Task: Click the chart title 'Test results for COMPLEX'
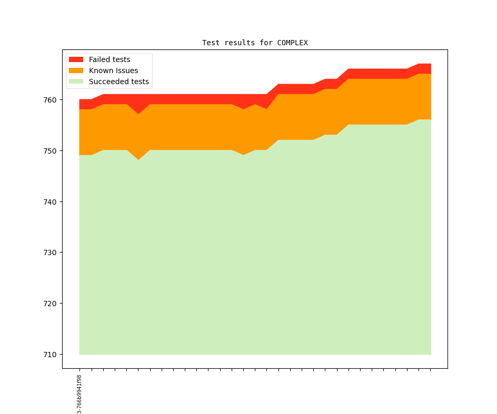(x=255, y=43)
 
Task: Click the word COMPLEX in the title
(x=292, y=43)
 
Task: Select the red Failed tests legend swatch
(x=76, y=59)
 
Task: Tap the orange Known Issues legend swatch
(x=76, y=70)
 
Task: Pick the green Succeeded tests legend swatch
(x=76, y=82)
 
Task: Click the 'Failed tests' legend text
(x=110, y=59)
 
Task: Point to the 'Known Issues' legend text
(x=113, y=70)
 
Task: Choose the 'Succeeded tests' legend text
(x=119, y=82)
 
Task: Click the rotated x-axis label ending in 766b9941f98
(x=79, y=393)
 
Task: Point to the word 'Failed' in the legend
(x=100, y=59)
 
